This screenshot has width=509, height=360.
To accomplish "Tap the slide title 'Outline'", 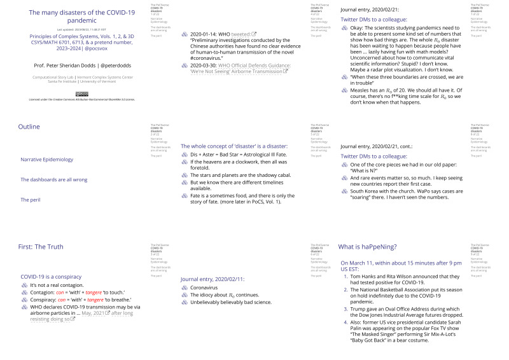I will tap(29, 127).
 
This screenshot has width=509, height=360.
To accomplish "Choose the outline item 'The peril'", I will tap(30, 200).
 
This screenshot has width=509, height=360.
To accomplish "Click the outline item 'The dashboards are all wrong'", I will tap(54, 179).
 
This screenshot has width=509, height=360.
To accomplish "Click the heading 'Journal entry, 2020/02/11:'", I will tap(213, 279).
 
